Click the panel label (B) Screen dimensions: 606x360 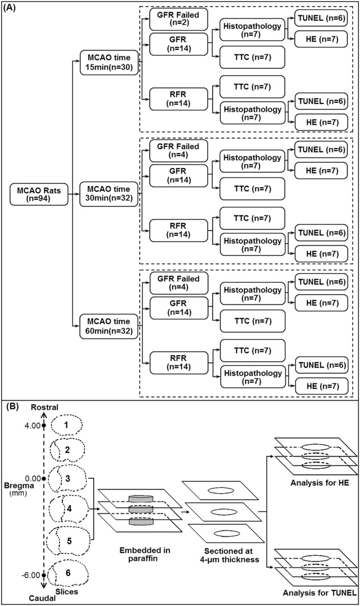pyautogui.click(x=13, y=406)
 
